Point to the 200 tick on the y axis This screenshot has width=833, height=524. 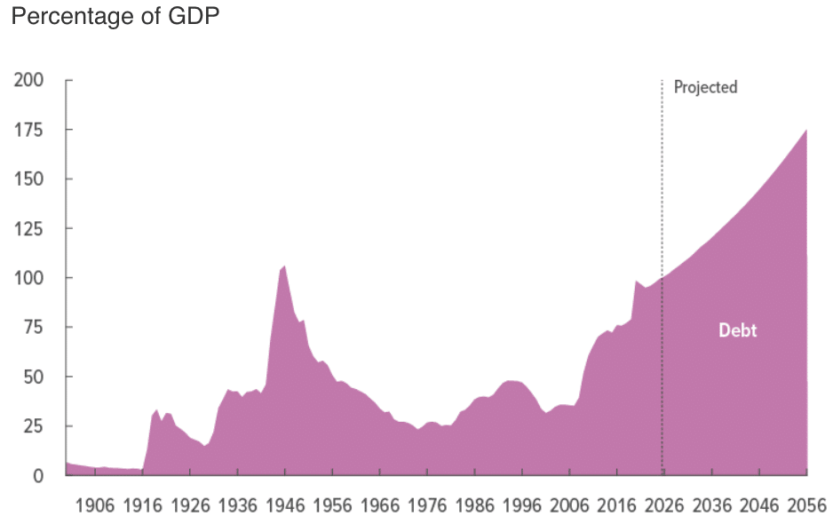click(x=28, y=81)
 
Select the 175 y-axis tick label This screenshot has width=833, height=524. click(x=28, y=130)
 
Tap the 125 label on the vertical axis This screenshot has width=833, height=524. click(x=28, y=228)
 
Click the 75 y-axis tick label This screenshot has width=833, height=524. click(x=33, y=327)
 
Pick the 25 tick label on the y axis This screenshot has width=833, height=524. click(x=33, y=426)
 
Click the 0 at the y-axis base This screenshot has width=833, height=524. click(x=37, y=476)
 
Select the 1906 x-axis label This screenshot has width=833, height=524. click(x=95, y=506)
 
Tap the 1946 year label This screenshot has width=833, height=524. click(x=284, y=506)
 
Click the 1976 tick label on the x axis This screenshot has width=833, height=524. click(x=427, y=506)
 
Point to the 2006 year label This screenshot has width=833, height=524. click(x=569, y=506)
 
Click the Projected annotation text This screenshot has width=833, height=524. click(x=705, y=87)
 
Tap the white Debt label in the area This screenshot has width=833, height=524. click(x=737, y=330)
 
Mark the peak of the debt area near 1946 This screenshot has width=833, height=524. click(x=284, y=266)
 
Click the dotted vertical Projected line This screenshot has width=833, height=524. click(x=662, y=178)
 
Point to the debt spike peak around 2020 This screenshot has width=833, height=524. click(x=636, y=281)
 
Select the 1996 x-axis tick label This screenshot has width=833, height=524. click(x=522, y=506)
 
